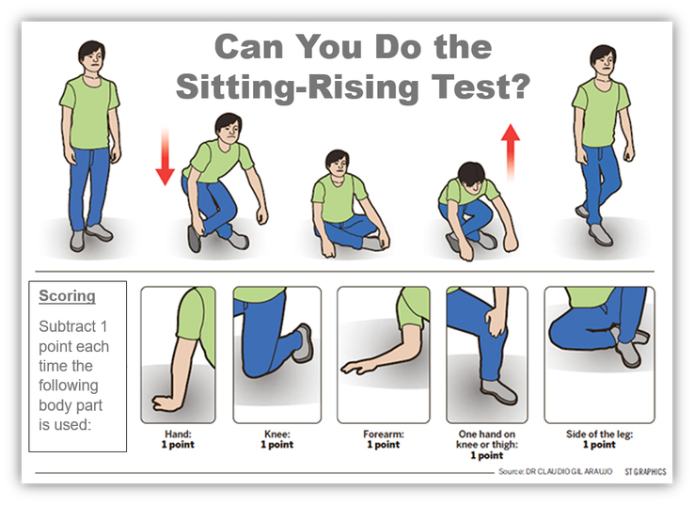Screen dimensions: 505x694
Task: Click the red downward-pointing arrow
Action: [x=165, y=157]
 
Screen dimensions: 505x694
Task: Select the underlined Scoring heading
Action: [x=67, y=295]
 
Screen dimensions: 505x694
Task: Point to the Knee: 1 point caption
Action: [x=276, y=438]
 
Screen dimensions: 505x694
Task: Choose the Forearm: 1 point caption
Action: [x=382, y=438]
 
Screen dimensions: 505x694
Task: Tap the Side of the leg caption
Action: [x=599, y=438]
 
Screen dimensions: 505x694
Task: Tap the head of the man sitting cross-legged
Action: [x=337, y=163]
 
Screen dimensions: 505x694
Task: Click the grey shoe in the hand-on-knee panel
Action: [x=497, y=391]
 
